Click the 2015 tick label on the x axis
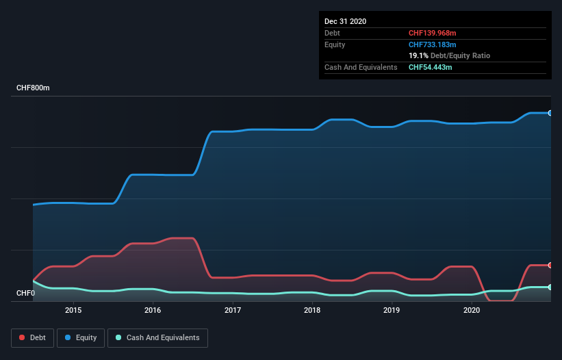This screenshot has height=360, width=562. (73, 310)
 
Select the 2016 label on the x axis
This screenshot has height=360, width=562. (153, 310)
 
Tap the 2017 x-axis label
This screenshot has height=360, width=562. (233, 310)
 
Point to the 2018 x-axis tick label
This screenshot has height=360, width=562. (312, 310)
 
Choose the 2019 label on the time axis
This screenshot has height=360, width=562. (392, 310)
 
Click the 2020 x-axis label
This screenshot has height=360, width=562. (472, 310)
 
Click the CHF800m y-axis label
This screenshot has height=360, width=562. (33, 88)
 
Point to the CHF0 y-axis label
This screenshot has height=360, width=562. (25, 294)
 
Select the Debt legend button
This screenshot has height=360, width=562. (33, 337)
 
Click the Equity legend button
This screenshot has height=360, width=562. (81, 337)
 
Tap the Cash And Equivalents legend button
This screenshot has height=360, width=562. (157, 337)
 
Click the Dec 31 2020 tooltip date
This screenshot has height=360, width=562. (345, 21)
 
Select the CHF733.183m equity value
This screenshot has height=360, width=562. (432, 44)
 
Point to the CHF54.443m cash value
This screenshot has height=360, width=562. (430, 67)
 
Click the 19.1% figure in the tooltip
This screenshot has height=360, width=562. (418, 55)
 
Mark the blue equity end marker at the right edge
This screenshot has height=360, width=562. (550, 113)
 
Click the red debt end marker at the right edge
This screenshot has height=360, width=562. (550, 265)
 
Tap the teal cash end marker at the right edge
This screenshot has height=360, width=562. (550, 287)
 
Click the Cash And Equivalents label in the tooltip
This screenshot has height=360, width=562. (361, 67)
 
